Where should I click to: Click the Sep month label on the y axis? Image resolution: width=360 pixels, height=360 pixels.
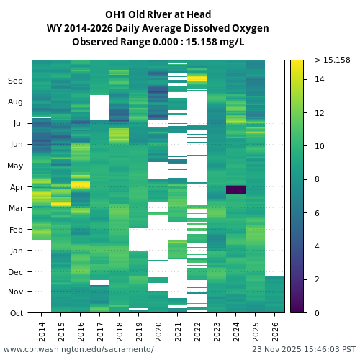(16, 81)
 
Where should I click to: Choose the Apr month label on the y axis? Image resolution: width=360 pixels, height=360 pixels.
(16, 187)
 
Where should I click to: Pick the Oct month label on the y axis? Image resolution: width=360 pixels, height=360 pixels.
(16, 313)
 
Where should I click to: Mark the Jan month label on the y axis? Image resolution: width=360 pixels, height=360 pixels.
(16, 251)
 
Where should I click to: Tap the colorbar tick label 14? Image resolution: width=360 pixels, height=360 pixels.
(319, 79)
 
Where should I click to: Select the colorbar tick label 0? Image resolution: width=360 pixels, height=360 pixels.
(317, 313)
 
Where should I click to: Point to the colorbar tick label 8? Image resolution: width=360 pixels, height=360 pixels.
(317, 180)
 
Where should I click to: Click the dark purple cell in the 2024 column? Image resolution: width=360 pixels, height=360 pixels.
(235, 189)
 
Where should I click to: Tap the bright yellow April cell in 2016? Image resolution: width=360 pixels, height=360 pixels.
(80, 185)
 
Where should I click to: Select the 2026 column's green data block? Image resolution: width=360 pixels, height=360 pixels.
(274, 294)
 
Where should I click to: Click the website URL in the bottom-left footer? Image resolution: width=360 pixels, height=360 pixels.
(78, 349)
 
